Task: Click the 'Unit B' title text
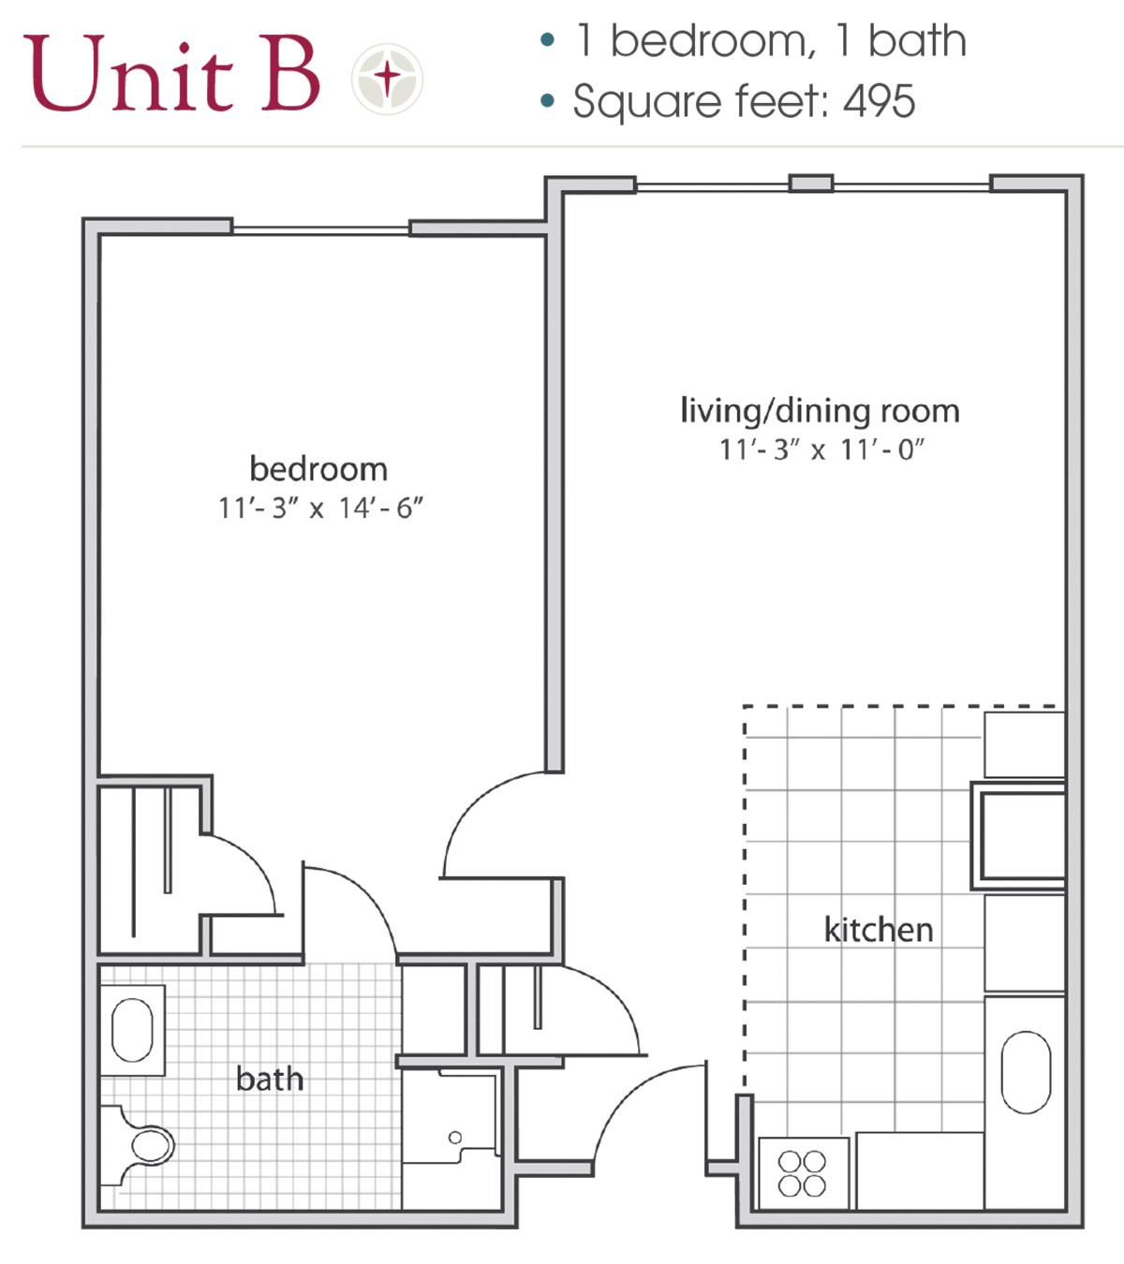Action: tap(172, 75)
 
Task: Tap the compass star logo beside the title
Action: tap(387, 78)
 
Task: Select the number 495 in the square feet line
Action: tap(879, 101)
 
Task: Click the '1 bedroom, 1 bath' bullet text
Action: tap(770, 41)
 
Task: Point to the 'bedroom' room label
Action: tap(318, 469)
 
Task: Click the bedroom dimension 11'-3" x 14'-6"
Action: tap(320, 508)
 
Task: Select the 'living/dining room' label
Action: tap(820, 411)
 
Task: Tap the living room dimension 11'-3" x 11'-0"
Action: tap(821, 450)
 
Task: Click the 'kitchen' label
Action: tap(878, 930)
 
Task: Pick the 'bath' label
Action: tap(270, 1080)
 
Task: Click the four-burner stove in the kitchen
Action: tap(803, 1173)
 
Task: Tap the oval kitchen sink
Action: tap(1026, 1072)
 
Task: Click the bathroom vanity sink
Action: tap(132, 1030)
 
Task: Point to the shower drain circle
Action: tap(455, 1138)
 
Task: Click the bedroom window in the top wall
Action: tap(320, 228)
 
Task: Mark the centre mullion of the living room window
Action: tap(810, 184)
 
